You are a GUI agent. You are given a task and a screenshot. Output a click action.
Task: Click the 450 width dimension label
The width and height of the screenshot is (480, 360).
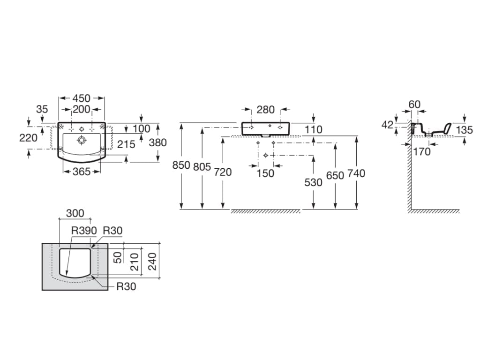pyautogui.click(x=81, y=98)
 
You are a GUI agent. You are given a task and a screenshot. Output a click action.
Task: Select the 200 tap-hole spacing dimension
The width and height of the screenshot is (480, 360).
pyautogui.click(x=81, y=110)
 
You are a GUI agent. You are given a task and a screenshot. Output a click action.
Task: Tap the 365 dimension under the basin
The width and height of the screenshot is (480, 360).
pyautogui.click(x=81, y=172)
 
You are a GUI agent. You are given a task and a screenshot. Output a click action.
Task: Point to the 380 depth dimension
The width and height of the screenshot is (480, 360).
pyautogui.click(x=157, y=142)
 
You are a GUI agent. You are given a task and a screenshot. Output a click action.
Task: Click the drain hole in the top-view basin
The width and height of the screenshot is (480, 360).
pyautogui.click(x=82, y=139)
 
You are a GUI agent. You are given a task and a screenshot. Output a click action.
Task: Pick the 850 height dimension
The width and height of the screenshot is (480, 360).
pyautogui.click(x=181, y=165)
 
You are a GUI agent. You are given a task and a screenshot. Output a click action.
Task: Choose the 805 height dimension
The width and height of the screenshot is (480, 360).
pyautogui.click(x=202, y=166)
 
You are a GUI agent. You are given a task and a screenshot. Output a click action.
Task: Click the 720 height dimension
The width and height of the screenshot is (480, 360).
pyautogui.click(x=223, y=172)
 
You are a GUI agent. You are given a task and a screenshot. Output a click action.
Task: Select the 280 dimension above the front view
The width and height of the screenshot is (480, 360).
pyautogui.click(x=266, y=110)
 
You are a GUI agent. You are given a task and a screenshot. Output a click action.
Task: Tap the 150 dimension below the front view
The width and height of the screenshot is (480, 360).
pyautogui.click(x=266, y=173)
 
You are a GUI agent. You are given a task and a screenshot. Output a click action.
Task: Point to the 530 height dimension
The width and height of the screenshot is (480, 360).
pyautogui.click(x=313, y=182)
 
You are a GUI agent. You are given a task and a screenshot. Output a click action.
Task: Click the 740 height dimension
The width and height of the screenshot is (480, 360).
pyautogui.click(x=356, y=173)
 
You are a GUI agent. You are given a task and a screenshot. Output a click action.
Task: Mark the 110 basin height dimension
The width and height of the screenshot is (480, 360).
pyautogui.click(x=313, y=129)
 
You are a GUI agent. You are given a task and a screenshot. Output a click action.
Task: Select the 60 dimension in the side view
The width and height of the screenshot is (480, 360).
pyautogui.click(x=414, y=105)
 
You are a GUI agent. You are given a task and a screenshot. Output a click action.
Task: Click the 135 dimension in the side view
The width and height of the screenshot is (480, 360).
pyautogui.click(x=465, y=129)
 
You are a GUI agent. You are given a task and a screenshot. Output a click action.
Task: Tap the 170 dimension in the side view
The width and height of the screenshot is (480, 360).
pyautogui.click(x=421, y=151)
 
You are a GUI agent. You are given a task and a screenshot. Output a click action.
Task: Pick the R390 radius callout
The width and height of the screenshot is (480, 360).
pyautogui.click(x=84, y=231)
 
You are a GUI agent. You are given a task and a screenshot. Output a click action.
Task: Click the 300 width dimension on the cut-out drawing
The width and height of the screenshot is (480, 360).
pyautogui.click(x=75, y=213)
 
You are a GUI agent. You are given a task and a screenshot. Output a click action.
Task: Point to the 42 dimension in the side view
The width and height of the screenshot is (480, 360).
pyautogui.click(x=387, y=125)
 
